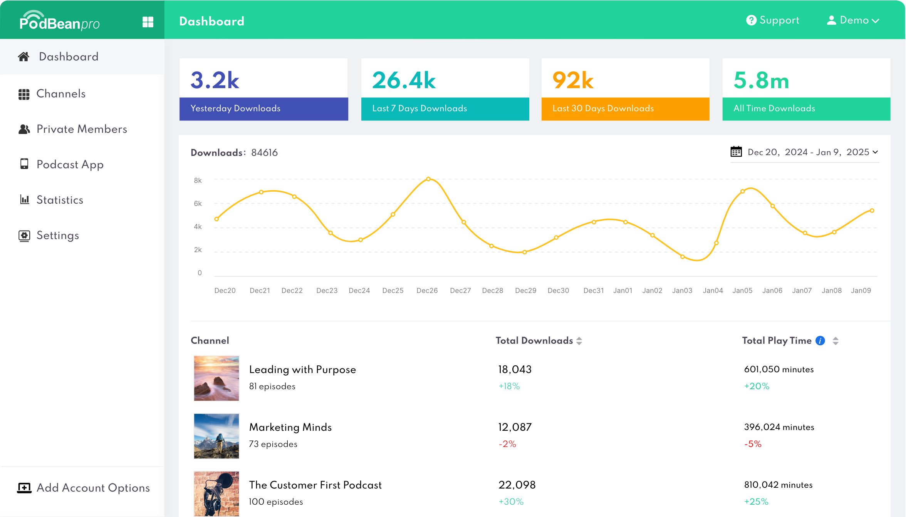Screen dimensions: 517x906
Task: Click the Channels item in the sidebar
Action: coord(60,94)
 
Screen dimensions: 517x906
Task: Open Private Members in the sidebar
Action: coord(81,129)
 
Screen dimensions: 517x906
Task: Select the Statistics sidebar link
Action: coord(60,200)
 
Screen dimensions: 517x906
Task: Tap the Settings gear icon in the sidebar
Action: coord(24,236)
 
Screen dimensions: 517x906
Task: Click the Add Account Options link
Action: coord(93,488)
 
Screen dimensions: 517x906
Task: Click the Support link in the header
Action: coord(773,20)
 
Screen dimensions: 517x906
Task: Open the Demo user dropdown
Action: coord(853,20)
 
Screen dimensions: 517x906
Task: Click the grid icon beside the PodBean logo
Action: coord(148,22)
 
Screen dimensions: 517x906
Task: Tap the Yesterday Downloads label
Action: coord(235,109)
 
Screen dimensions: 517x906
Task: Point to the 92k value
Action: coord(573,80)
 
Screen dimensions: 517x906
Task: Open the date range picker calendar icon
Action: coord(736,152)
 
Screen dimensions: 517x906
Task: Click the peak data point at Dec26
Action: coord(428,179)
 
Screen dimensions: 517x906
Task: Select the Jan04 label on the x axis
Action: coord(713,291)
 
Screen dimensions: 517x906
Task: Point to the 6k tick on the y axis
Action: coord(198,204)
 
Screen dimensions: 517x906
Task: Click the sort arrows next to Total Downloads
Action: coord(579,341)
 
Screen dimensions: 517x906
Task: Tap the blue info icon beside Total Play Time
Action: coord(820,341)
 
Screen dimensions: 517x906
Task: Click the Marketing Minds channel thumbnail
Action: coord(216,436)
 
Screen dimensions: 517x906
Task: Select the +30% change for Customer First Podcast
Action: coord(511,502)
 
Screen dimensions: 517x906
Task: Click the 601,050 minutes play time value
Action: coord(779,370)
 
